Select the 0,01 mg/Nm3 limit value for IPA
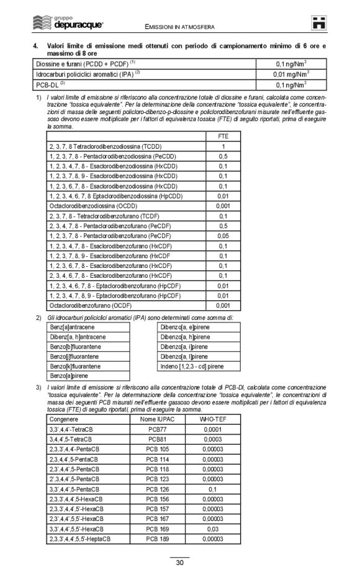point(292,74)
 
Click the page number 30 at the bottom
point(179,563)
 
